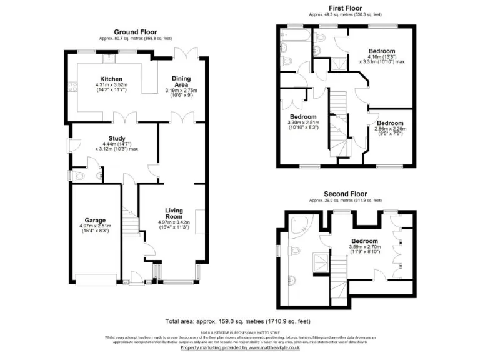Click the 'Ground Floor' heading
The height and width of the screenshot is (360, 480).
(135, 32)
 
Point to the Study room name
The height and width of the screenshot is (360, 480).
(117, 139)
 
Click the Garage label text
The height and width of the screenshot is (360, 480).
(94, 221)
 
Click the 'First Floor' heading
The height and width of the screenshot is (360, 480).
(345, 8)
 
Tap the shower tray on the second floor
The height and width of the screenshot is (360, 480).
(319, 263)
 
